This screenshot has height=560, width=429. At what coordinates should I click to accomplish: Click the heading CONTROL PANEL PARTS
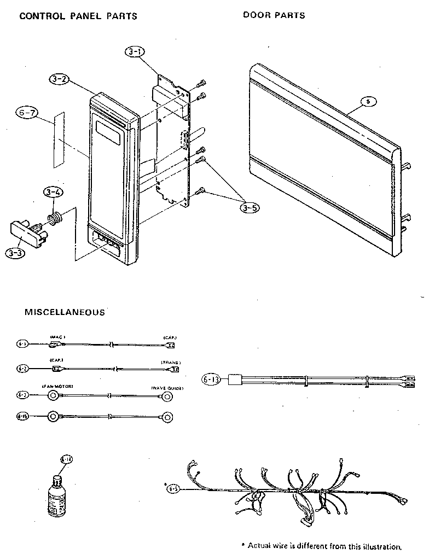tap(78, 16)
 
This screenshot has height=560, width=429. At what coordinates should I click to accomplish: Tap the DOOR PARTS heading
tap(274, 15)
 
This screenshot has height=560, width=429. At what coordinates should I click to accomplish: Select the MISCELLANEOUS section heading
tap(65, 313)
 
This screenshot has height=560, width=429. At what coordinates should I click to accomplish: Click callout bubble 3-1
tap(135, 52)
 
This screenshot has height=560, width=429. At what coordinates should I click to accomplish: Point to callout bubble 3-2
tap(59, 79)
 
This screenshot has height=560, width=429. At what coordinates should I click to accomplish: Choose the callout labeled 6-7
tap(27, 114)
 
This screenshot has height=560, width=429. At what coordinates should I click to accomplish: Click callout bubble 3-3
tap(15, 253)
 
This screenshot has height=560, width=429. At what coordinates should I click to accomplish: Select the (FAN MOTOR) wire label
tap(57, 387)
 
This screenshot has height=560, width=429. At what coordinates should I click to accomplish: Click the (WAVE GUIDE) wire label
tap(167, 388)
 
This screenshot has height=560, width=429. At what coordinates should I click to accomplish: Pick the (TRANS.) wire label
tap(171, 363)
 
